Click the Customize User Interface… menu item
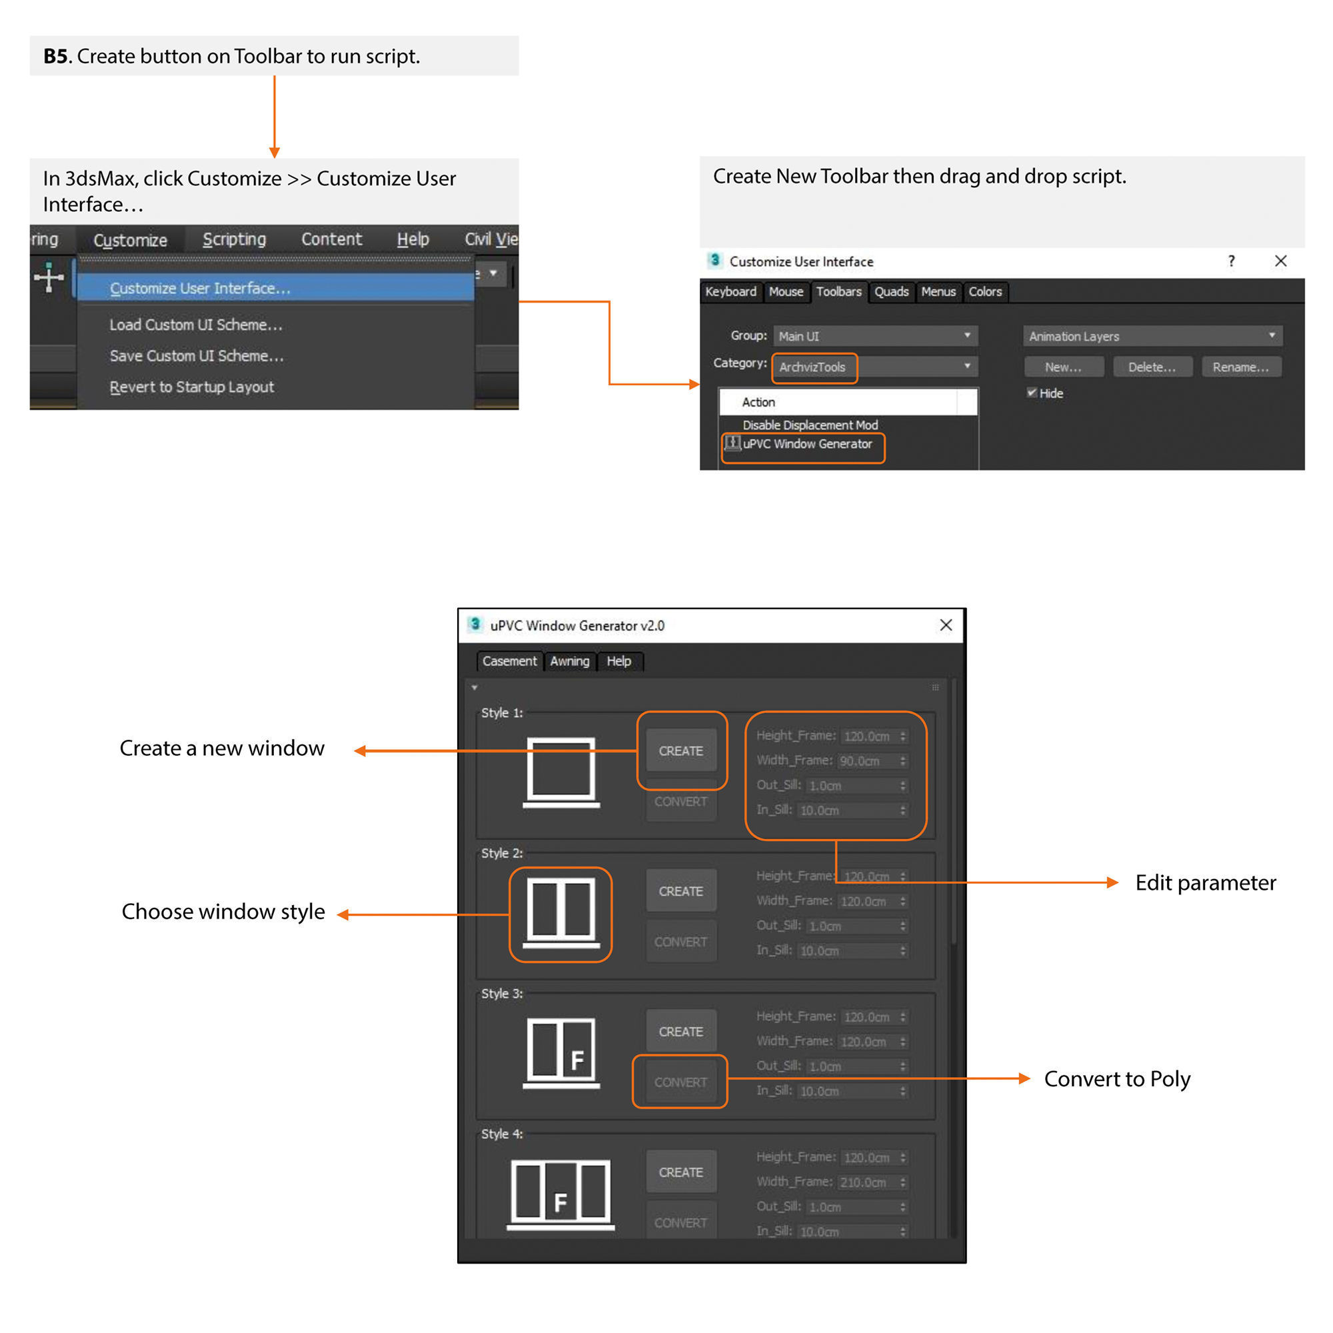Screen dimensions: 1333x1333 pyautogui.click(x=200, y=289)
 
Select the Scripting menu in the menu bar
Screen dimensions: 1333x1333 pyautogui.click(x=234, y=239)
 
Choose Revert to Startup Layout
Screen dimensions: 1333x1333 pyautogui.click(x=191, y=387)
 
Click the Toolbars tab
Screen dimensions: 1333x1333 pyautogui.click(x=838, y=292)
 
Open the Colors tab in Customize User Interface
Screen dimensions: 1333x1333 pyautogui.click(x=984, y=292)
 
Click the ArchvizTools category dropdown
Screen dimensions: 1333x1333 pyautogui.click(x=875, y=367)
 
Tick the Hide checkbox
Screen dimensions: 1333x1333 pyautogui.click(x=1032, y=393)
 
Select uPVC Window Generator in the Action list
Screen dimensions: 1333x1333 pyautogui.click(x=806, y=445)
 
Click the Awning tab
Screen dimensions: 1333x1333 pyautogui.click(x=569, y=661)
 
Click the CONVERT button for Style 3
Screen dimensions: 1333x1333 pyautogui.click(x=680, y=1082)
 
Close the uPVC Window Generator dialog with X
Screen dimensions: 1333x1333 pyautogui.click(x=946, y=625)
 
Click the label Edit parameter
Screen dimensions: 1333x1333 pyautogui.click(x=1205, y=882)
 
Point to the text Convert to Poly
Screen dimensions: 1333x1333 pyautogui.click(x=1117, y=1078)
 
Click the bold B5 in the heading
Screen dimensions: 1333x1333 pyautogui.click(x=55, y=57)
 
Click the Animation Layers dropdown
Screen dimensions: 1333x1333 pyautogui.click(x=1152, y=336)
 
